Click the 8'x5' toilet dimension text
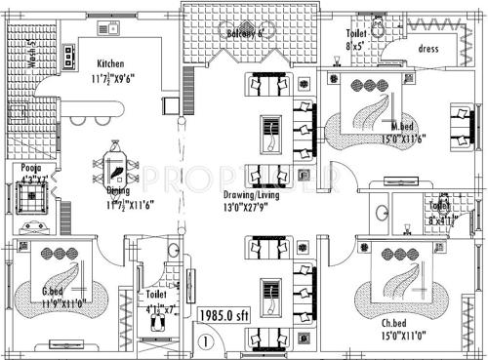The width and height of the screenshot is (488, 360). point(357,45)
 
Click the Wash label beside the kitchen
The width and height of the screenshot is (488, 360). point(30,56)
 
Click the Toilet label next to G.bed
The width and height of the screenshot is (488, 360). point(156,294)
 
